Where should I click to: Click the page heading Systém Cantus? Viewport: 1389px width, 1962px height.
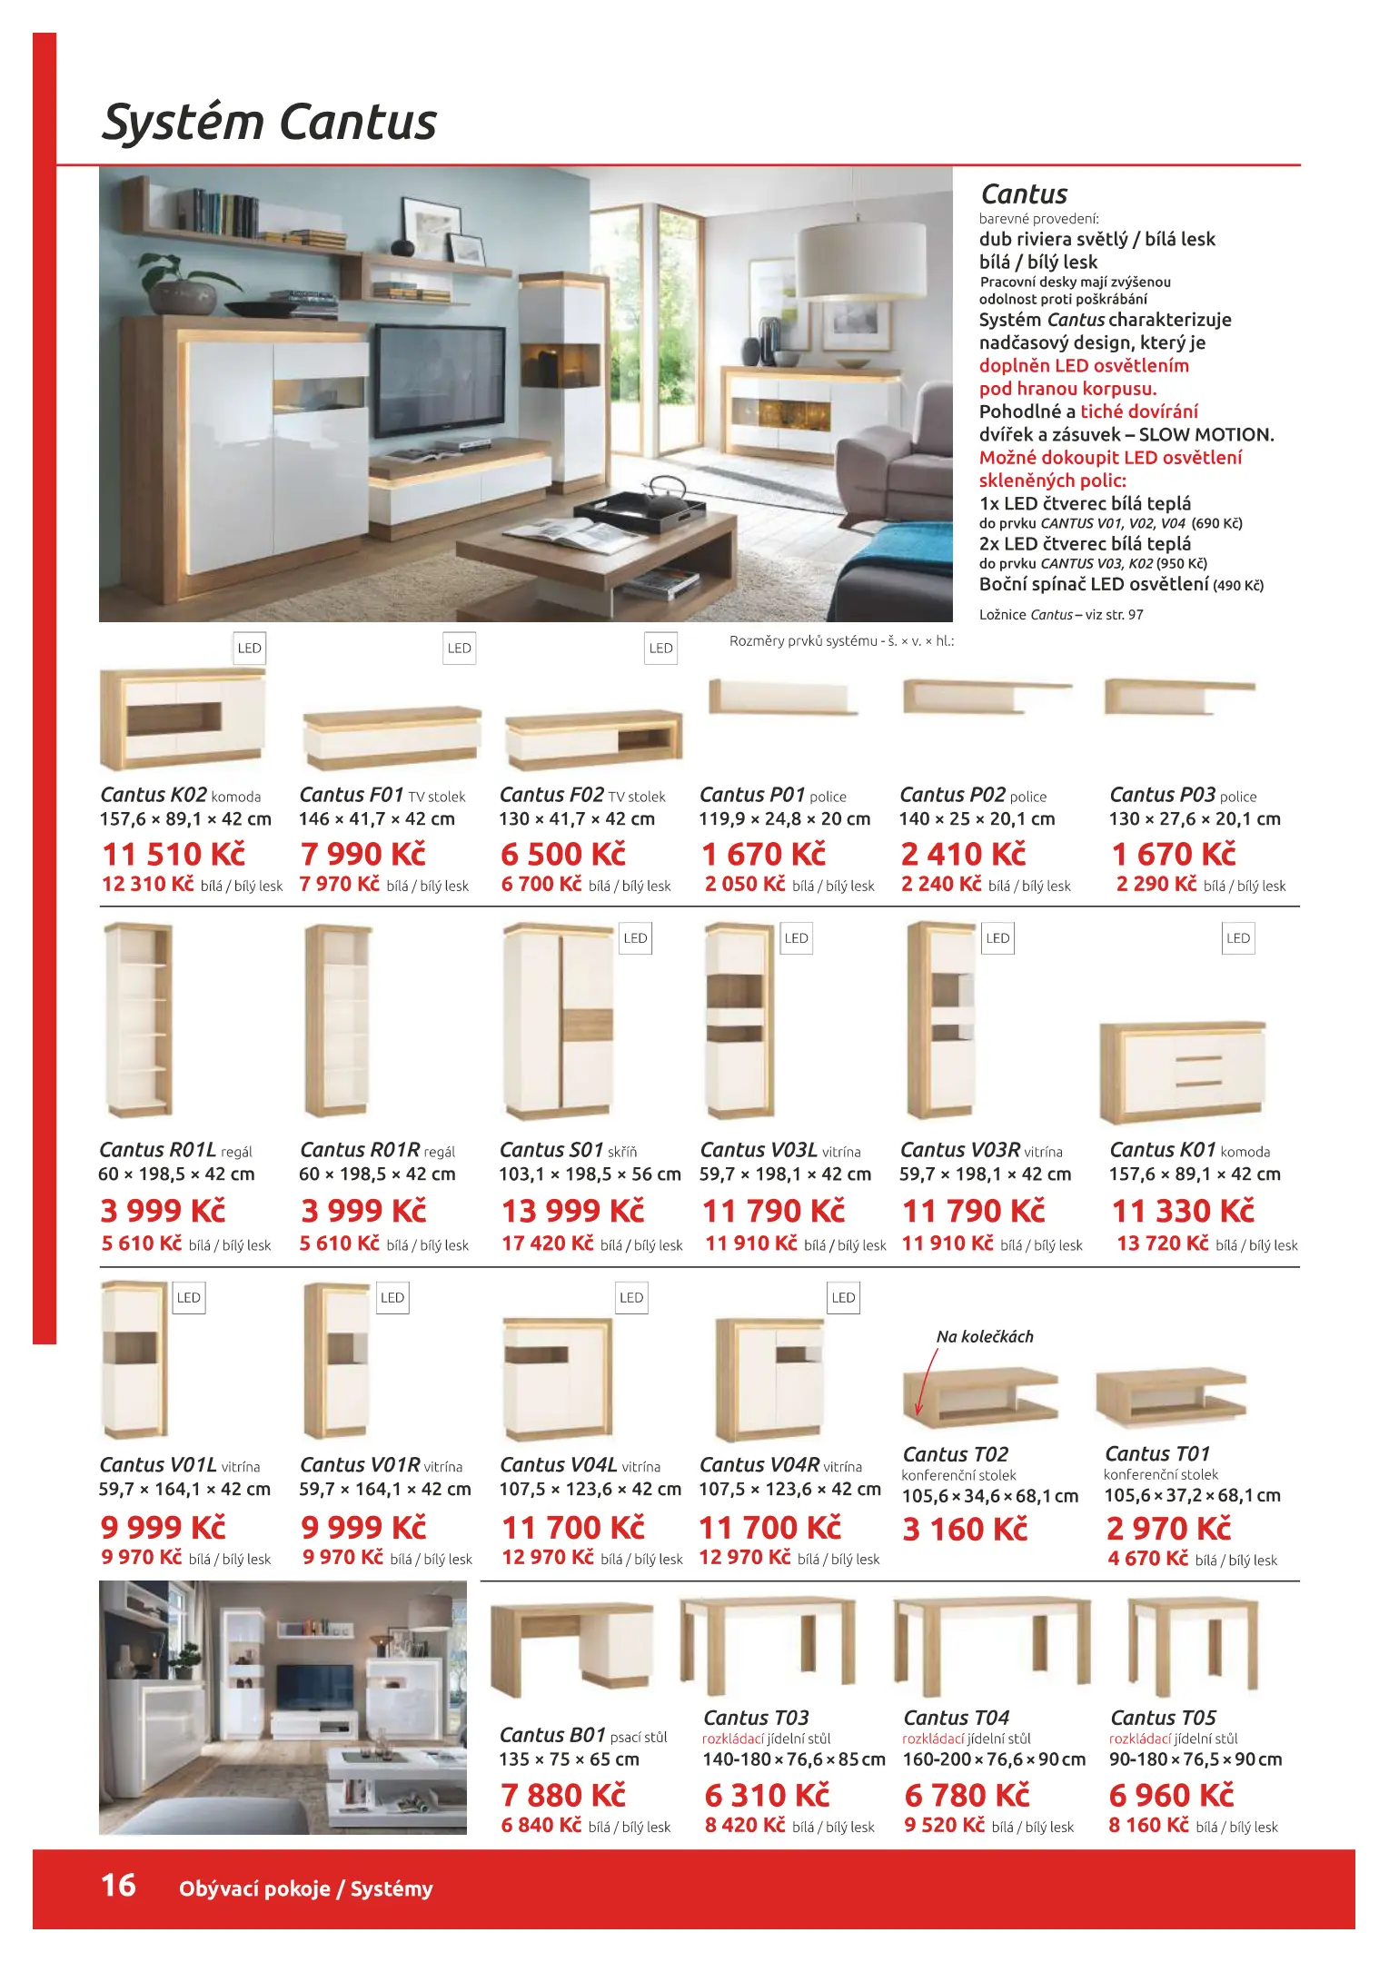coord(269,123)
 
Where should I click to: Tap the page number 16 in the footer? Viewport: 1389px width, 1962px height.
coord(118,1886)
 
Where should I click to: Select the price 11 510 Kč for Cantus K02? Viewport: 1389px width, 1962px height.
coord(174,855)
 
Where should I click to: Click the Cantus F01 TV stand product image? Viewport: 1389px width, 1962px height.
coord(391,737)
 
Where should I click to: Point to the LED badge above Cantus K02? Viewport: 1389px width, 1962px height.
coord(249,649)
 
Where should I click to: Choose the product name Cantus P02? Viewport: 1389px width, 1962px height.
coord(952,795)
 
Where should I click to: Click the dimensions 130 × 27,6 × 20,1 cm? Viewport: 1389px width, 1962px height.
coord(1194,819)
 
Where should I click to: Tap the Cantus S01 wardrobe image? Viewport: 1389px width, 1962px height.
coord(558,1021)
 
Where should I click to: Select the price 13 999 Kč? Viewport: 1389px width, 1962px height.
coord(572,1212)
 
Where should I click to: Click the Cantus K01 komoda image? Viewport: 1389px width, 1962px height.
coord(1182,1072)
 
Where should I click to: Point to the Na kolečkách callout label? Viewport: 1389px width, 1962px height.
coord(985,1337)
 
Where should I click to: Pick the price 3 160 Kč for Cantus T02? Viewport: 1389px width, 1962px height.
coord(964,1530)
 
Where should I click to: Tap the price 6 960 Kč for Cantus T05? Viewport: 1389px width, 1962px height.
coord(1171,1796)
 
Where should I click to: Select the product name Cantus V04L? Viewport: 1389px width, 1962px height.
coord(558,1465)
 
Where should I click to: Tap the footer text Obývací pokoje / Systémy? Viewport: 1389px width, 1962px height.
coord(305,1889)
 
